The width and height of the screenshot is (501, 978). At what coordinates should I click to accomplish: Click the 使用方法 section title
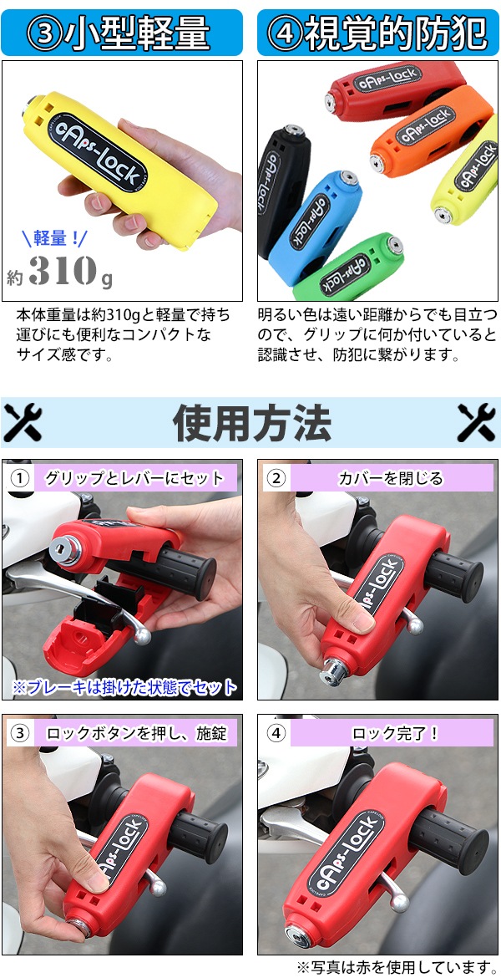pos(251,423)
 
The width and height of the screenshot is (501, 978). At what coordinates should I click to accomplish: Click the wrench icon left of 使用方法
pos(23,422)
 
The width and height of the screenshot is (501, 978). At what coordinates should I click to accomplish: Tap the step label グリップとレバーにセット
pos(134,478)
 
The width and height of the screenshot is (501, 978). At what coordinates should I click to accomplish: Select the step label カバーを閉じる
pos(390,478)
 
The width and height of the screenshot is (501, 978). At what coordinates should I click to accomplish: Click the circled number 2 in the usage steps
pos(276,478)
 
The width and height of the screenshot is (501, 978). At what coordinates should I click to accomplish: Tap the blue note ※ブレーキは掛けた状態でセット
pos(124,687)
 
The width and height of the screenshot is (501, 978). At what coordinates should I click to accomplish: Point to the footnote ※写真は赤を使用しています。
pos(397,967)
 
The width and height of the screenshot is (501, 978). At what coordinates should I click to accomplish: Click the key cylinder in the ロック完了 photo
pos(297,935)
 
